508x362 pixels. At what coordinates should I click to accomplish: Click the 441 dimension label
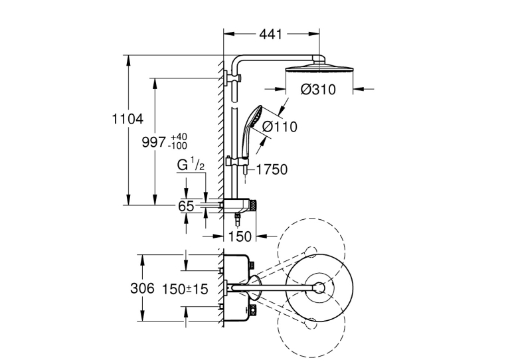[271, 34]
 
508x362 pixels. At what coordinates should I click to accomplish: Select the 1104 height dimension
[127, 120]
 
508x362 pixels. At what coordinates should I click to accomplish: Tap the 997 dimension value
[153, 142]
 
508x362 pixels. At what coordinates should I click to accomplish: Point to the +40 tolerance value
[179, 136]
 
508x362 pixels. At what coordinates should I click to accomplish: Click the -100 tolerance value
[177, 146]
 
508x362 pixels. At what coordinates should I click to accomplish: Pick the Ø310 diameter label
[318, 90]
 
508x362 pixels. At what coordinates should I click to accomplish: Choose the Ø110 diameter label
[280, 127]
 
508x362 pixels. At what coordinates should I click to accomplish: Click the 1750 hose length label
[272, 169]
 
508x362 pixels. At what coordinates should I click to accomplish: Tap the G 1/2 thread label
[191, 165]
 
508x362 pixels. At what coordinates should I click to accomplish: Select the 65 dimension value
[186, 206]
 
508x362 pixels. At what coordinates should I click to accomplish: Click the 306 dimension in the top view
[142, 288]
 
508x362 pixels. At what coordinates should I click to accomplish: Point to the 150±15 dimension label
[185, 289]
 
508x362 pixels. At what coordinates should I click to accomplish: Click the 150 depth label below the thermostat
[240, 236]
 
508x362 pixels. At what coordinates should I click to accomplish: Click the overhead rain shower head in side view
[319, 69]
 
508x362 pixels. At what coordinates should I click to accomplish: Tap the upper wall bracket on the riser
[233, 78]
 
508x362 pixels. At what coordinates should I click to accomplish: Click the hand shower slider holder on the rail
[238, 161]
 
